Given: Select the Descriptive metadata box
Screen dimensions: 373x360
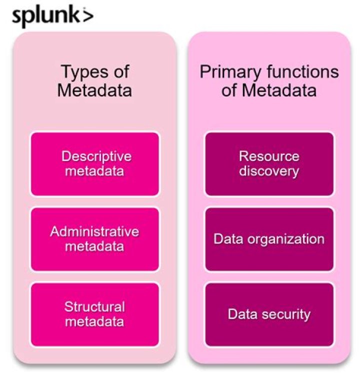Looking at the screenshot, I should click(x=95, y=164).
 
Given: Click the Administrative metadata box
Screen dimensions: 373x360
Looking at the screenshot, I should click(x=95, y=239).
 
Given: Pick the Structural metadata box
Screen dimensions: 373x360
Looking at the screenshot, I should click(x=95, y=314).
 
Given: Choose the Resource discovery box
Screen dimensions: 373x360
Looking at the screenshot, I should click(x=269, y=164).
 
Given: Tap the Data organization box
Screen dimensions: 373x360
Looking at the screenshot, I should click(x=269, y=239).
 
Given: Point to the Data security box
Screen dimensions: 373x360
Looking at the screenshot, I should click(x=269, y=314).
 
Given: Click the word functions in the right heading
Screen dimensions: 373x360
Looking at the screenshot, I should click(x=298, y=72).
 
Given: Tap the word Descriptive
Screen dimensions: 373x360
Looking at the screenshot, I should click(x=96, y=156).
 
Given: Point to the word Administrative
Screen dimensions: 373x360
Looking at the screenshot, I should click(x=94, y=232).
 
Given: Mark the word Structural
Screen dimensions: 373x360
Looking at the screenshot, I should click(x=94, y=306).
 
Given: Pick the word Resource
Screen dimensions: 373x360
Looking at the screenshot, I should click(x=269, y=156).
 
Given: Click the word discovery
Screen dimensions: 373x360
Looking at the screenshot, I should click(x=269, y=171).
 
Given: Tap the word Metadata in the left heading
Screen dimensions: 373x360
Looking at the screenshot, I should click(x=94, y=91).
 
